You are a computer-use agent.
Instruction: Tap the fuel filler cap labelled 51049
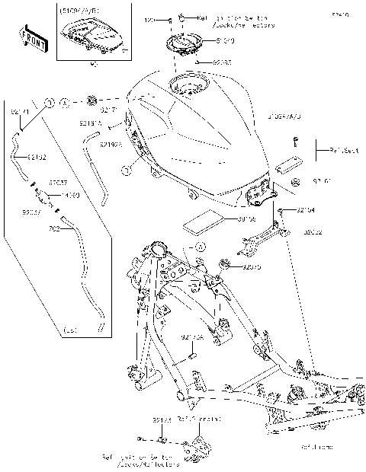tap(181, 44)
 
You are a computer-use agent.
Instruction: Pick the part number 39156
tap(246, 219)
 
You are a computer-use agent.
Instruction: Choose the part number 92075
tap(252, 267)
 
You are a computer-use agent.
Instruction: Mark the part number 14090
tap(70, 195)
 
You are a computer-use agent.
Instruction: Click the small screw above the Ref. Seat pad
tap(294, 141)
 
